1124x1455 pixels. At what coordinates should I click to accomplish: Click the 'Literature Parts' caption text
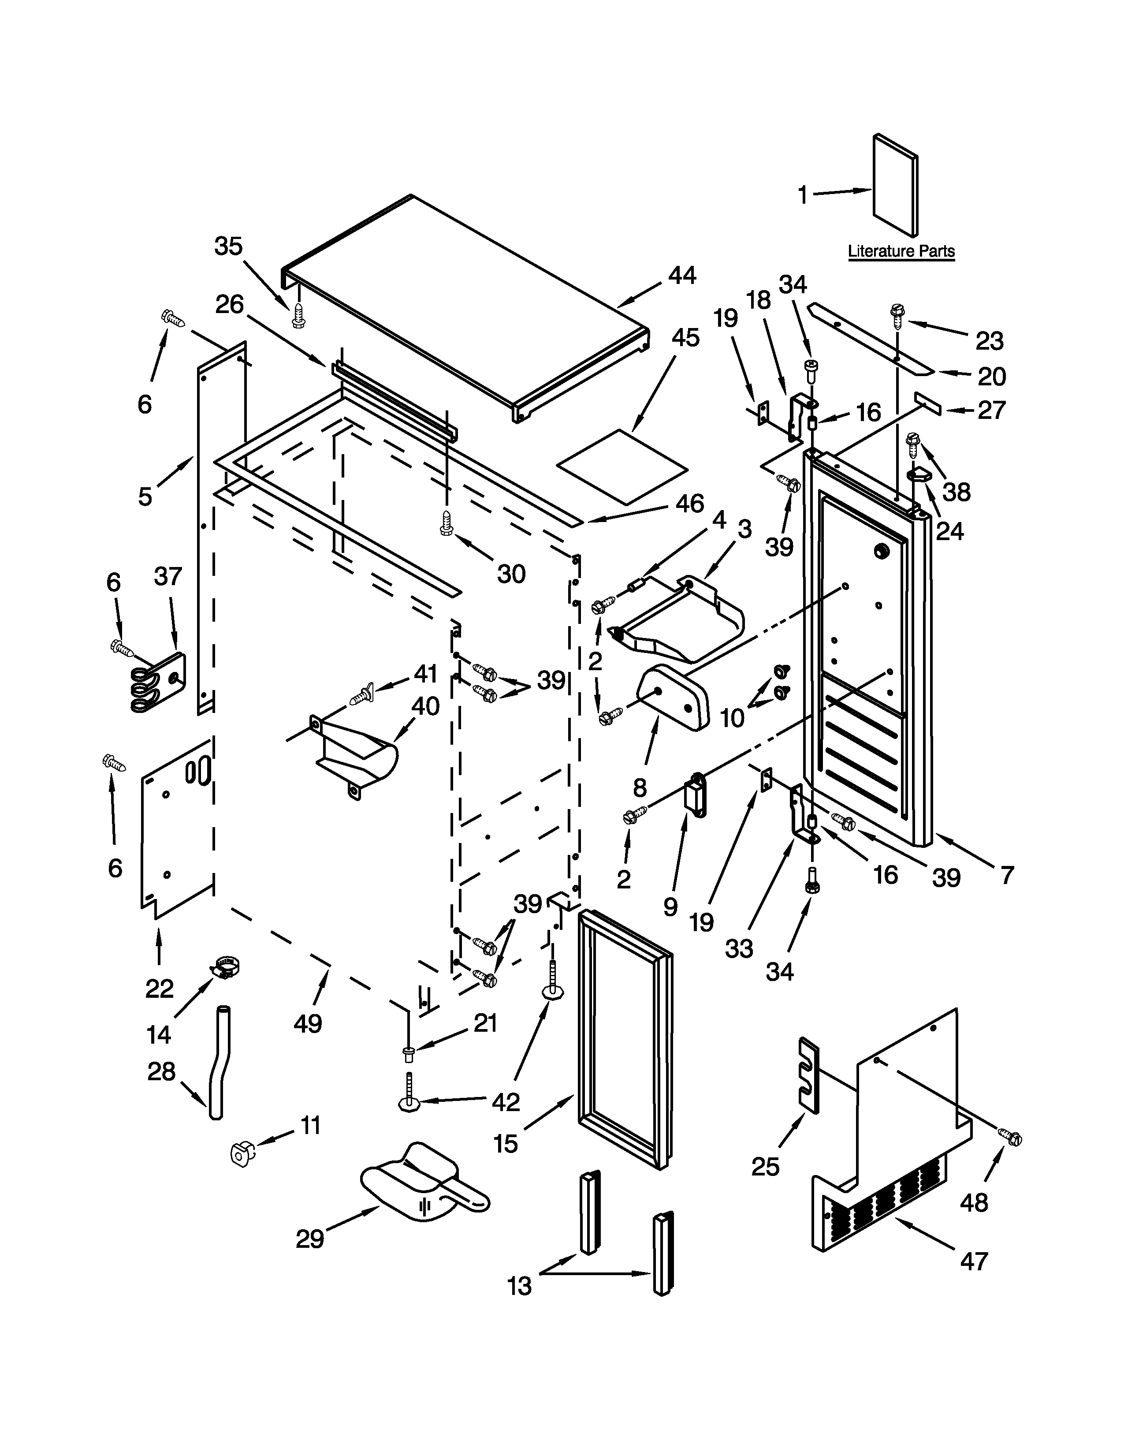pos(901,252)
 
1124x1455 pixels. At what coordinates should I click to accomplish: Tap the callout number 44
pos(682,275)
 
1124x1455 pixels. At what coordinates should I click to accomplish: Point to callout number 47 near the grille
pos(974,1261)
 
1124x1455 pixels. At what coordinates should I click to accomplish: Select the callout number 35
pos(228,246)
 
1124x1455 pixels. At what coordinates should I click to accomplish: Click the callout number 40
pos(425,706)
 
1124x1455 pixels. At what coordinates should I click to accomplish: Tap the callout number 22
pos(159,989)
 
